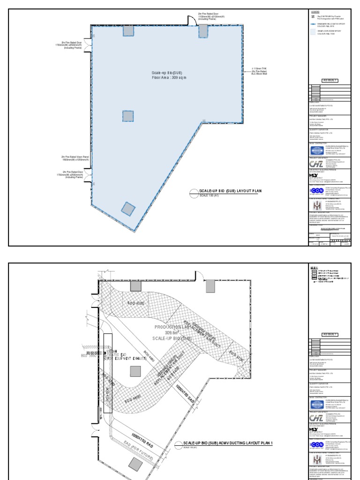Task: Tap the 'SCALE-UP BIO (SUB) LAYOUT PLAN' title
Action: (x=224, y=192)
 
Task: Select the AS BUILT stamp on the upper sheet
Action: (x=330, y=81)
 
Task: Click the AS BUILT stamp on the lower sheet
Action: (x=330, y=334)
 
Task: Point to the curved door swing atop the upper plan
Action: (x=191, y=20)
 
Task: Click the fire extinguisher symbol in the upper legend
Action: (x=313, y=16)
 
